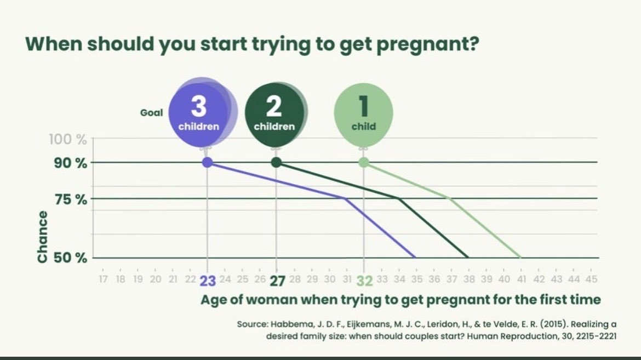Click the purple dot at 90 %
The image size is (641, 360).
[207, 162]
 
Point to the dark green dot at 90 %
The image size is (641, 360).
[276, 162]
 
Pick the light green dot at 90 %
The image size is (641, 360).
[364, 162]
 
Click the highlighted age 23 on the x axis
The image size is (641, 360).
[208, 280]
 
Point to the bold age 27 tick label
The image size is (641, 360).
[277, 280]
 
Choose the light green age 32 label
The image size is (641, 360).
[364, 280]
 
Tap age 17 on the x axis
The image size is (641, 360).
[102, 279]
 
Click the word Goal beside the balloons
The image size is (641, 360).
[151, 112]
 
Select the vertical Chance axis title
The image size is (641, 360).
[42, 236]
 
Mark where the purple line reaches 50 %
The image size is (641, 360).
[415, 258]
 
